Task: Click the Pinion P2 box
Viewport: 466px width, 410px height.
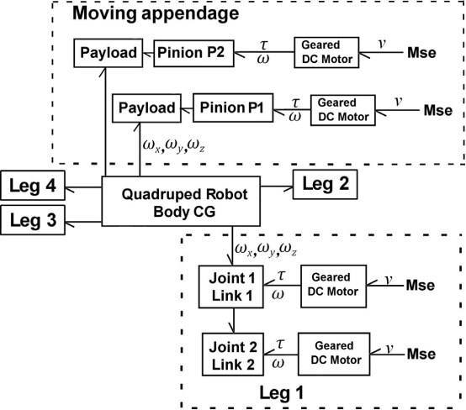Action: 193,53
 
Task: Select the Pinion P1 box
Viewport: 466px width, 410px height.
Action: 233,108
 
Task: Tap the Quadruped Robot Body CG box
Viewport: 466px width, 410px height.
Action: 181,202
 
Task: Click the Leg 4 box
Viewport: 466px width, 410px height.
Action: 33,186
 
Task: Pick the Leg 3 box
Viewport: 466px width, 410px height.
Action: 33,220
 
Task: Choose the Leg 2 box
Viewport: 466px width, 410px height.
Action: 326,184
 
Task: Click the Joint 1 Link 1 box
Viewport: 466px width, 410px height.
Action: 231,286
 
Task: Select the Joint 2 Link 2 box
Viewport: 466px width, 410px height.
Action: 233,355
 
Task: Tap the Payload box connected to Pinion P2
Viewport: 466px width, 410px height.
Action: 109,53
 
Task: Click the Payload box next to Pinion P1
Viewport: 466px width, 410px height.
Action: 147,108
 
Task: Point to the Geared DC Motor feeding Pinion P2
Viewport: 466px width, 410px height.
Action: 326,53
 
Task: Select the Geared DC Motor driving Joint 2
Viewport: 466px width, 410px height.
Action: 334,355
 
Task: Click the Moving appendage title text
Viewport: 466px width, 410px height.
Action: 156,13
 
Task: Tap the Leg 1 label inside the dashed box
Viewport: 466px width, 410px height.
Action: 282,393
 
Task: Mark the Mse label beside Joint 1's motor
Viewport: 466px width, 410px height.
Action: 421,285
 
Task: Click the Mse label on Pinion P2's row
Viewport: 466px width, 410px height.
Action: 421,53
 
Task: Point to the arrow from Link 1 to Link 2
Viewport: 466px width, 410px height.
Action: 234,321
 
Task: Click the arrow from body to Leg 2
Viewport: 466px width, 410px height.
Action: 277,187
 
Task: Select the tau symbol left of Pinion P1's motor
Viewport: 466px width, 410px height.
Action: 295,103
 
